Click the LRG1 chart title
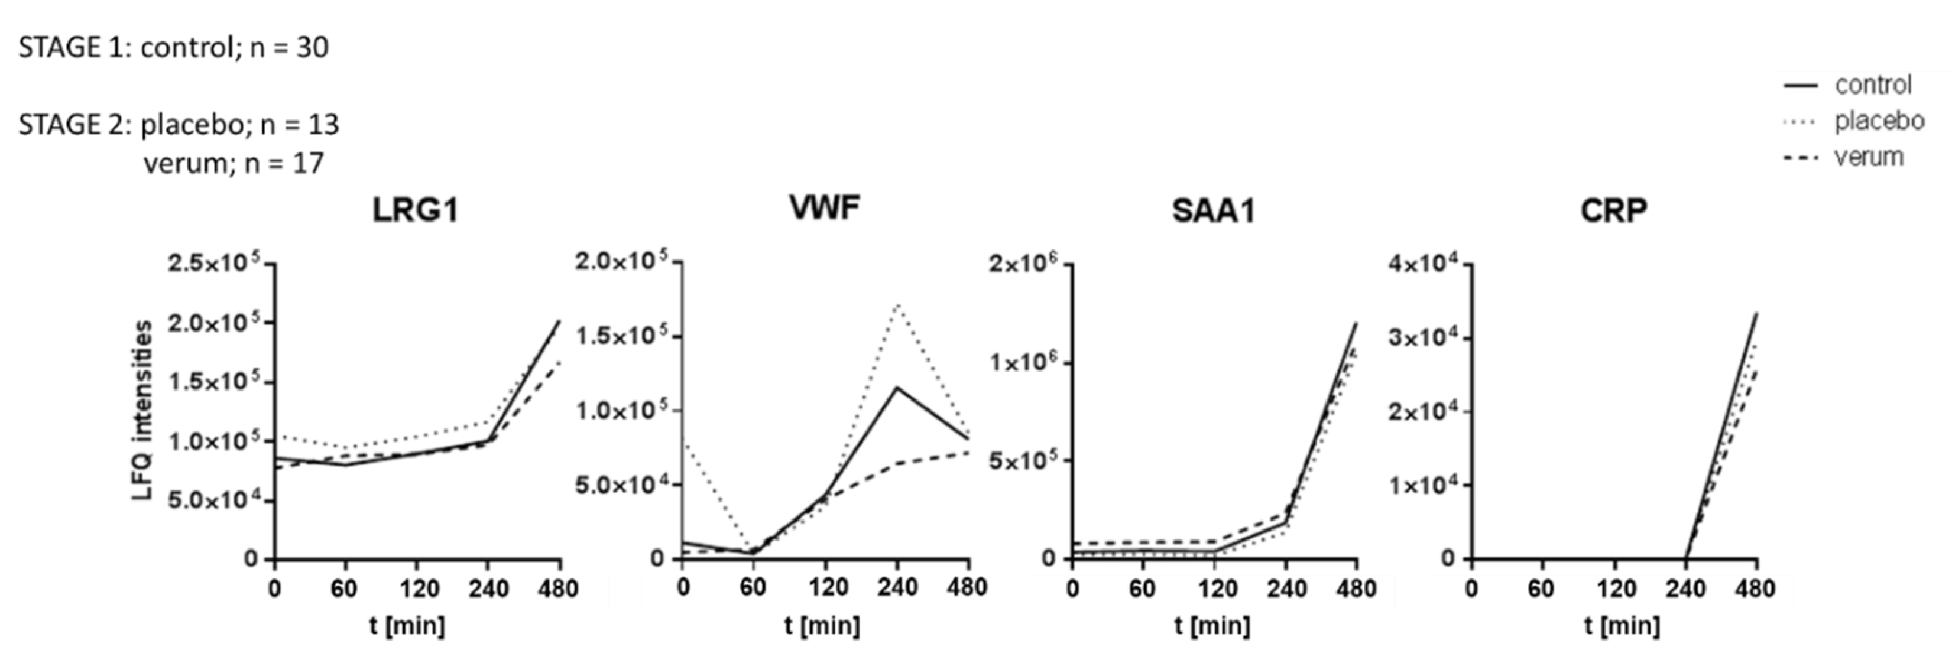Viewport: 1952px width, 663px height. [x=415, y=210]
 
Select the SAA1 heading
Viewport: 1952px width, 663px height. [x=1213, y=210]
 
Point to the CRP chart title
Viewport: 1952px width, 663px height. [x=1613, y=210]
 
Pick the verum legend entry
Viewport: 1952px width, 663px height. [x=1868, y=157]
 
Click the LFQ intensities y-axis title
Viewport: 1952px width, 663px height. [x=142, y=411]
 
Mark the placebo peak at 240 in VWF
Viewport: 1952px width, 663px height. [x=897, y=304]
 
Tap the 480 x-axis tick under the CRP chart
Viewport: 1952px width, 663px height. [x=1755, y=589]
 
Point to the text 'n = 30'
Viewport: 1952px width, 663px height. [x=288, y=48]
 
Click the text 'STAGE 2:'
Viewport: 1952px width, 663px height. [x=74, y=124]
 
